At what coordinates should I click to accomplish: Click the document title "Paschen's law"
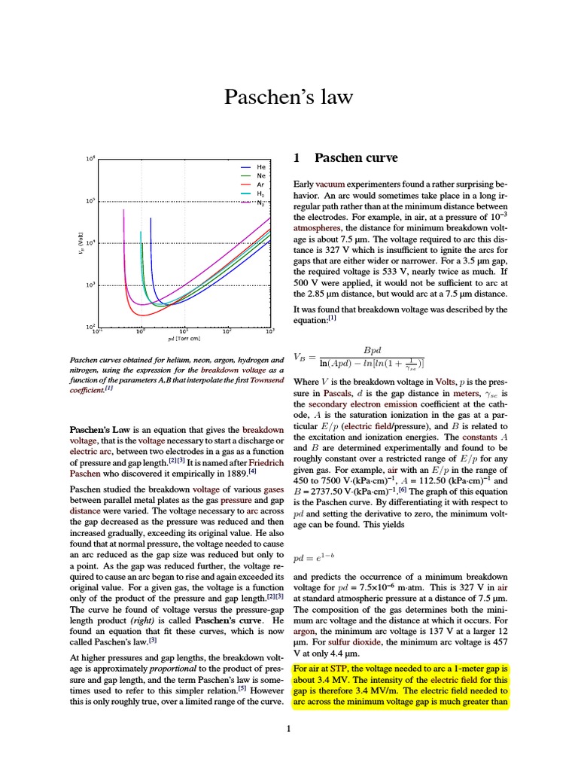click(289, 97)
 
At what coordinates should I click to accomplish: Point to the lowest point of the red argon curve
click(144, 314)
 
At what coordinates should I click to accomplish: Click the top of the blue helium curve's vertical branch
click(151, 219)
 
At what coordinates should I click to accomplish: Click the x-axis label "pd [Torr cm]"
click(184, 340)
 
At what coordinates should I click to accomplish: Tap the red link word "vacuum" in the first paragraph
click(330, 184)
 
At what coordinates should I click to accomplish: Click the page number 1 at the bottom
click(289, 729)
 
